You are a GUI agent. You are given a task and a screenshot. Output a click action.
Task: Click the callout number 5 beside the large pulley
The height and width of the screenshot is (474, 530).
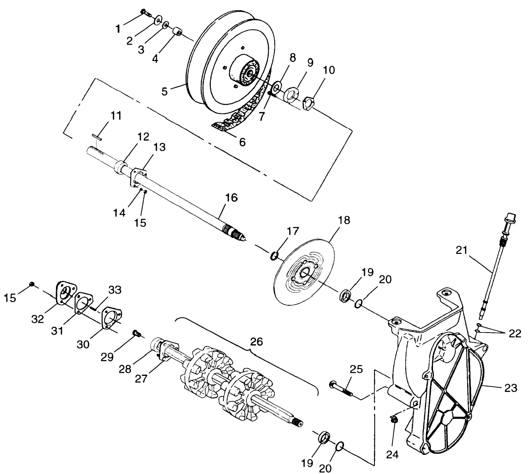point(164,91)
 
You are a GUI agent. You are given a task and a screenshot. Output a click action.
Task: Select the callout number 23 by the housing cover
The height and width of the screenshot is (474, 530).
point(510,388)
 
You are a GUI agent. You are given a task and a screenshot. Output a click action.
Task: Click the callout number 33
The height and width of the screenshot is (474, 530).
point(115,290)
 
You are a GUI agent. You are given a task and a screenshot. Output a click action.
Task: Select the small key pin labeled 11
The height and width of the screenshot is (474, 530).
point(97,137)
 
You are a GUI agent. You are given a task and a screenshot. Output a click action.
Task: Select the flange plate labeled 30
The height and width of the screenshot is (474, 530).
point(111,319)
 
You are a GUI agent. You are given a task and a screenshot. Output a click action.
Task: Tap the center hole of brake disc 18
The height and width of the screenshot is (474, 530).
point(304,274)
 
